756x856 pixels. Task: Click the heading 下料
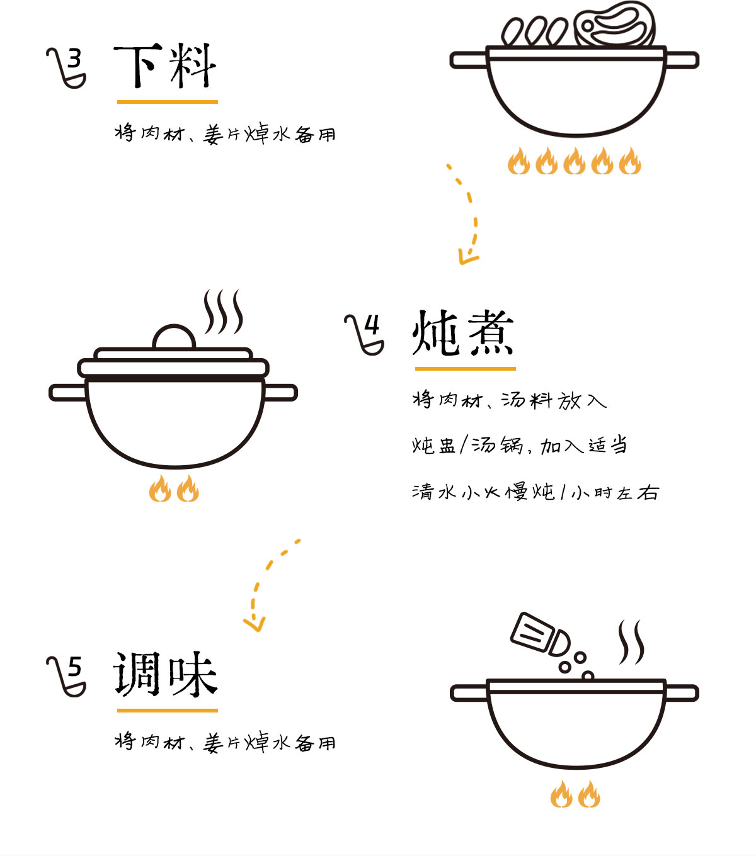[165, 66]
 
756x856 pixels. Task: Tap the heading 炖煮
[463, 333]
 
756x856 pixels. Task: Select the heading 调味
[165, 674]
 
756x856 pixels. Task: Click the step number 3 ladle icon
[67, 67]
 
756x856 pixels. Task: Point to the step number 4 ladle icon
[365, 334]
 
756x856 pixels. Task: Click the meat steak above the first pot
[614, 25]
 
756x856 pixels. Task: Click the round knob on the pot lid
[174, 338]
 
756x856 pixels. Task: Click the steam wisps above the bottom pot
[631, 642]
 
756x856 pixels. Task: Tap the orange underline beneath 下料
[167, 101]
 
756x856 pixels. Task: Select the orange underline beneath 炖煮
[465, 368]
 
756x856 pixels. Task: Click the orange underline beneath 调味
[167, 710]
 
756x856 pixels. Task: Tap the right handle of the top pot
[682, 60]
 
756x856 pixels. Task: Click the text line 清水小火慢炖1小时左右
[535, 492]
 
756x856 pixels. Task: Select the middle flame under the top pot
[574, 161]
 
